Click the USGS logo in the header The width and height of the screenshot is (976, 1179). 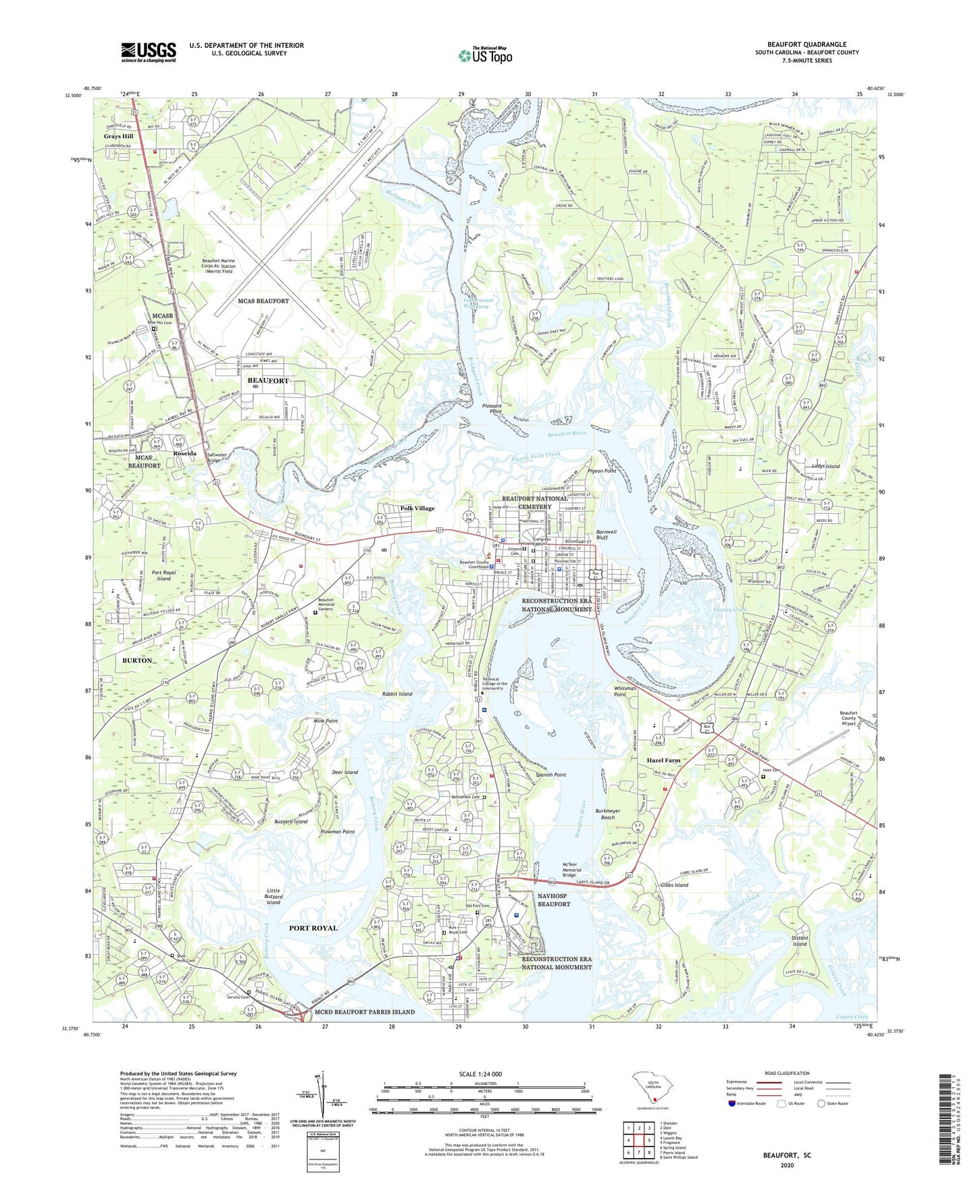[x=149, y=52]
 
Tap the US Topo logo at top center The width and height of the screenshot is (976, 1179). [x=485, y=55]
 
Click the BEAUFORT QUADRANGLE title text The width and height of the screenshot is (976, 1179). [x=806, y=45]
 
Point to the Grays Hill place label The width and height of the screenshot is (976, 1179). [x=118, y=136]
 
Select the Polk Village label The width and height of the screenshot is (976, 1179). [x=417, y=508]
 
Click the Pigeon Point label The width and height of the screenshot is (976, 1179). [x=601, y=471]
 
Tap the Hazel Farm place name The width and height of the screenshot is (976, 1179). [x=663, y=760]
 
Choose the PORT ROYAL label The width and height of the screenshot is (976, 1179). [x=313, y=928]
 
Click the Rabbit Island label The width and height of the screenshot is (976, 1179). [x=396, y=693]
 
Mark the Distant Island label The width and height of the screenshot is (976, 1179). [x=800, y=940]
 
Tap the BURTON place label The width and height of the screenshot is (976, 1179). [x=137, y=660]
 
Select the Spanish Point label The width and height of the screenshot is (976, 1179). [x=550, y=775]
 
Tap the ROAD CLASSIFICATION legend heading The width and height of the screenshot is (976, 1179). [x=786, y=1073]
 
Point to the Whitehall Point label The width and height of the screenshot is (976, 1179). [x=620, y=691]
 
